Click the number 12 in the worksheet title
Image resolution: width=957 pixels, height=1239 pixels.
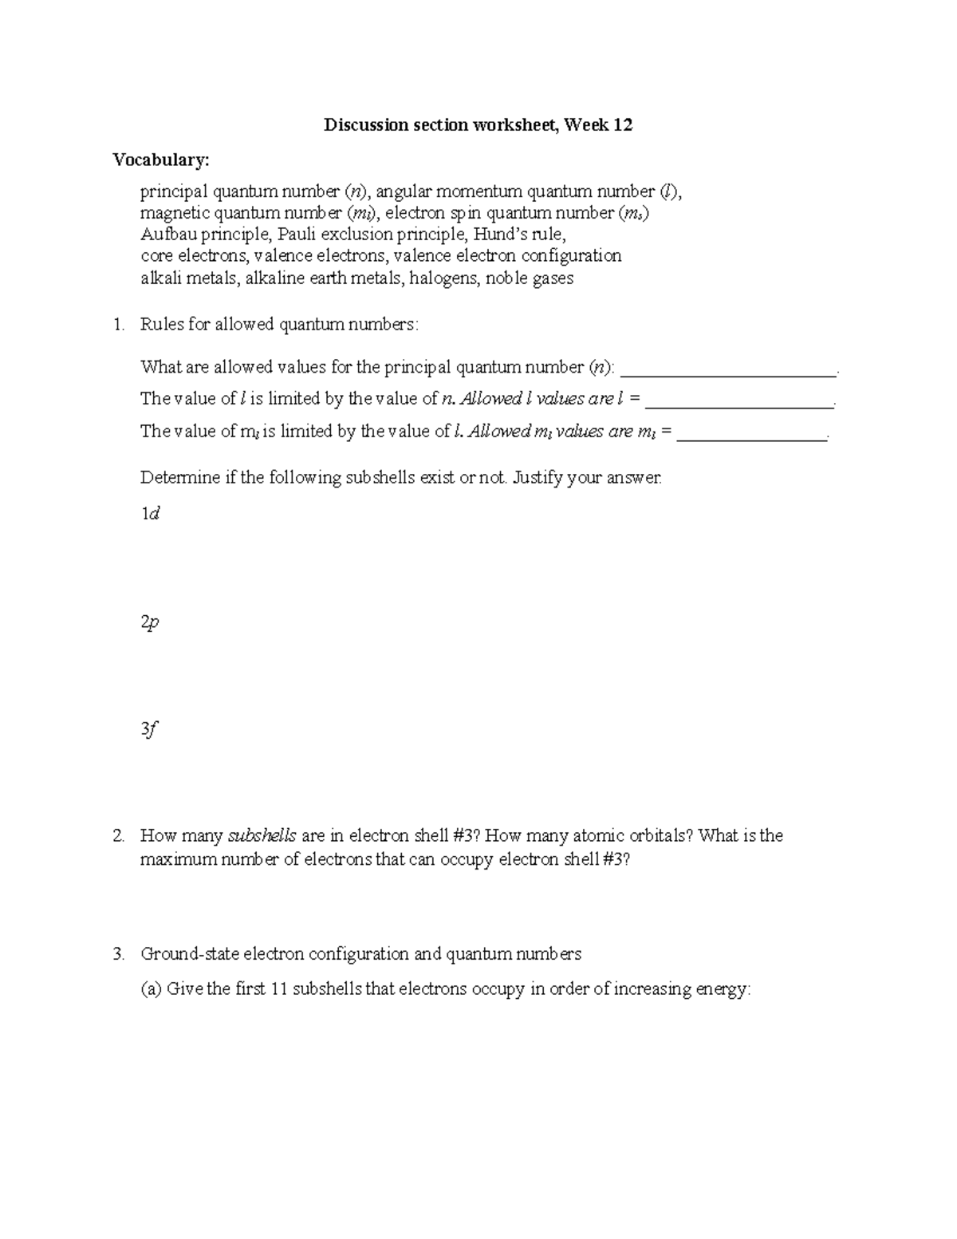[623, 125]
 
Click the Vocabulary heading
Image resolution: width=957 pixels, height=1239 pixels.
[161, 160]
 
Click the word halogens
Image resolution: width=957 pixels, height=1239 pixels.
[443, 278]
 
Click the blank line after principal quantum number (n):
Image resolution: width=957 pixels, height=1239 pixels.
[728, 369]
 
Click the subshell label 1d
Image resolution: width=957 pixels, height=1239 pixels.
[150, 515]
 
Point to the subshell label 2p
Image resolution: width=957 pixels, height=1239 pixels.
[150, 622]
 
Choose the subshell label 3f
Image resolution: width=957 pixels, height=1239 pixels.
[149, 729]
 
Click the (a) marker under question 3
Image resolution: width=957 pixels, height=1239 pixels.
[151, 989]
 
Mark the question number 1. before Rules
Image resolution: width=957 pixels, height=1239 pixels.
[119, 325]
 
